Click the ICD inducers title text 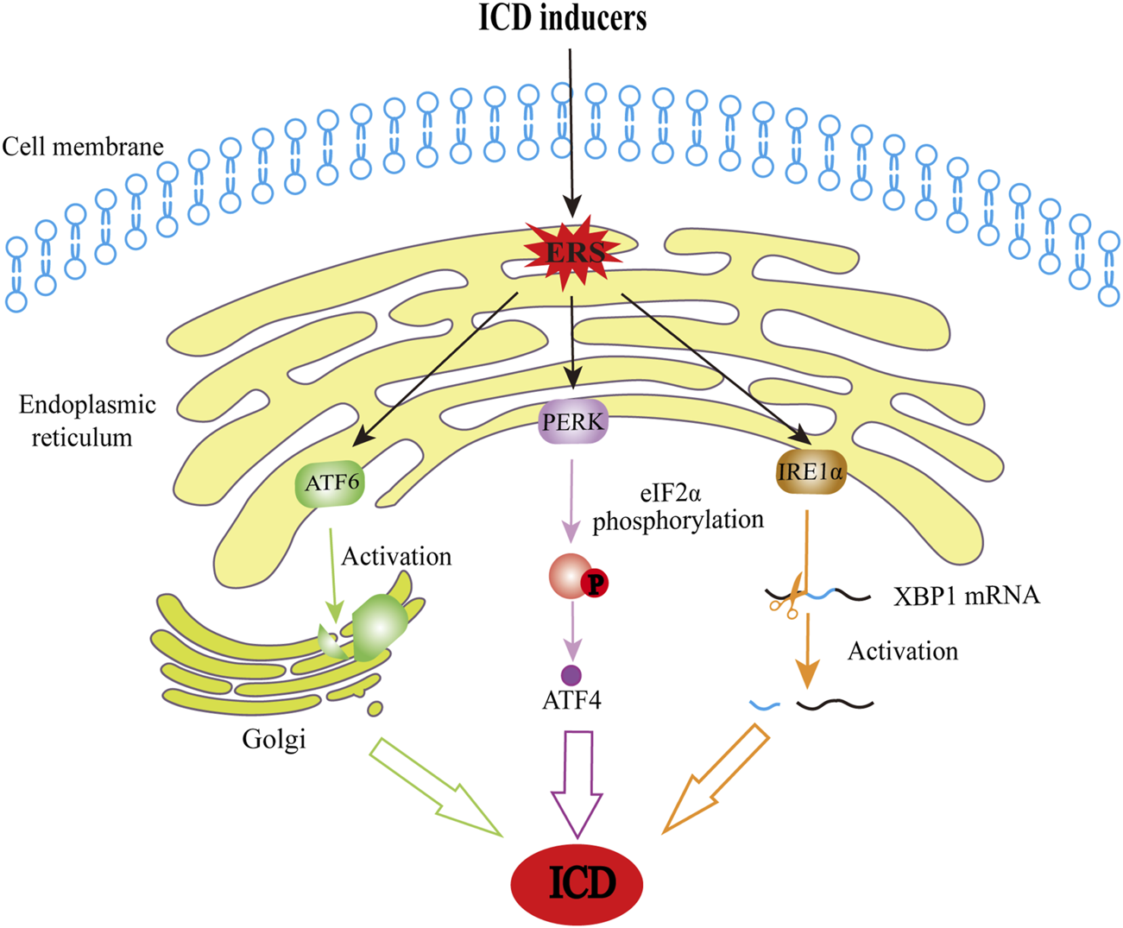pyautogui.click(x=563, y=18)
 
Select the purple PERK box pyautogui.click(x=573, y=422)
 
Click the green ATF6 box pyautogui.click(x=331, y=483)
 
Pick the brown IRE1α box pyautogui.click(x=811, y=471)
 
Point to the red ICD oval pyautogui.click(x=577, y=882)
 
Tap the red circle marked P pyautogui.click(x=595, y=584)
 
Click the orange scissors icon pyautogui.click(x=788, y=598)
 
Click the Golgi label pyautogui.click(x=274, y=740)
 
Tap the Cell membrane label pyautogui.click(x=83, y=147)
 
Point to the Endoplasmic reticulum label pyautogui.click(x=86, y=420)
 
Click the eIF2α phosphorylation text pyautogui.click(x=677, y=507)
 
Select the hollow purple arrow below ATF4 pyautogui.click(x=577, y=781)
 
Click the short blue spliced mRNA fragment pyautogui.click(x=764, y=705)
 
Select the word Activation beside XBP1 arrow pyautogui.click(x=902, y=650)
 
